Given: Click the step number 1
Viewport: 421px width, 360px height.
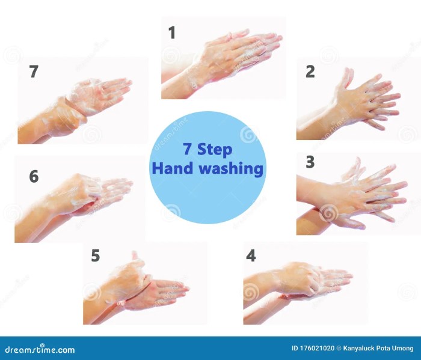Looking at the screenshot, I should [x=172, y=32].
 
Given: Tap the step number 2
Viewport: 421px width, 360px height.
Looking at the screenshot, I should [x=310, y=72].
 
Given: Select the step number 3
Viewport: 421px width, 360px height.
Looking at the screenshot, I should [x=310, y=162].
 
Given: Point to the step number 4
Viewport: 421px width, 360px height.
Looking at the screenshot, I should [x=251, y=255].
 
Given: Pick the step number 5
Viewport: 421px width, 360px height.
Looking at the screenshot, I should [x=95, y=255].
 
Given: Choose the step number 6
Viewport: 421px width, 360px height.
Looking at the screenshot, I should [x=34, y=176].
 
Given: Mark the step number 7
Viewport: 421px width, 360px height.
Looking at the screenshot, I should [x=34, y=72].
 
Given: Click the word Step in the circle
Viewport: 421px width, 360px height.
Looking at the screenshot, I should [x=215, y=149].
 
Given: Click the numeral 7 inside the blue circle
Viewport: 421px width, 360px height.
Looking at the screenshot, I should [x=188, y=149].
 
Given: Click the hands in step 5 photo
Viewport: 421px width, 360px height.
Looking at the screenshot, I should [x=141, y=285].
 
